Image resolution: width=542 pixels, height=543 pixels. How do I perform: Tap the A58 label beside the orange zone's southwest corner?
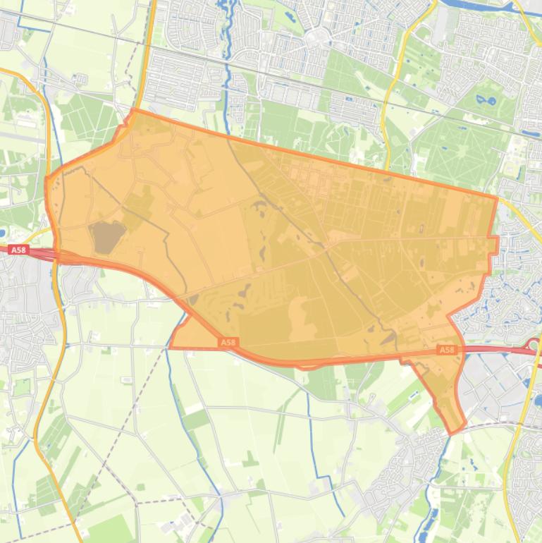pos(227,343)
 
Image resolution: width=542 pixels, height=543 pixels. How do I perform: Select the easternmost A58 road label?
pos(447,350)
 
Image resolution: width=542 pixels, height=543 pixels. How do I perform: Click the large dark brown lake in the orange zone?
pos(106,236)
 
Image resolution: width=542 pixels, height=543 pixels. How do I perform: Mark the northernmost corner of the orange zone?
pos(133,110)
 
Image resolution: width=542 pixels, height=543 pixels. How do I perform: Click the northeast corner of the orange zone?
pos(497,198)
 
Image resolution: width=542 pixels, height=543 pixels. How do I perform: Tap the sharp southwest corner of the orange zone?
pos(171,347)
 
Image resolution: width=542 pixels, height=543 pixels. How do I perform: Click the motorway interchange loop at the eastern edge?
pos(534,347)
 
